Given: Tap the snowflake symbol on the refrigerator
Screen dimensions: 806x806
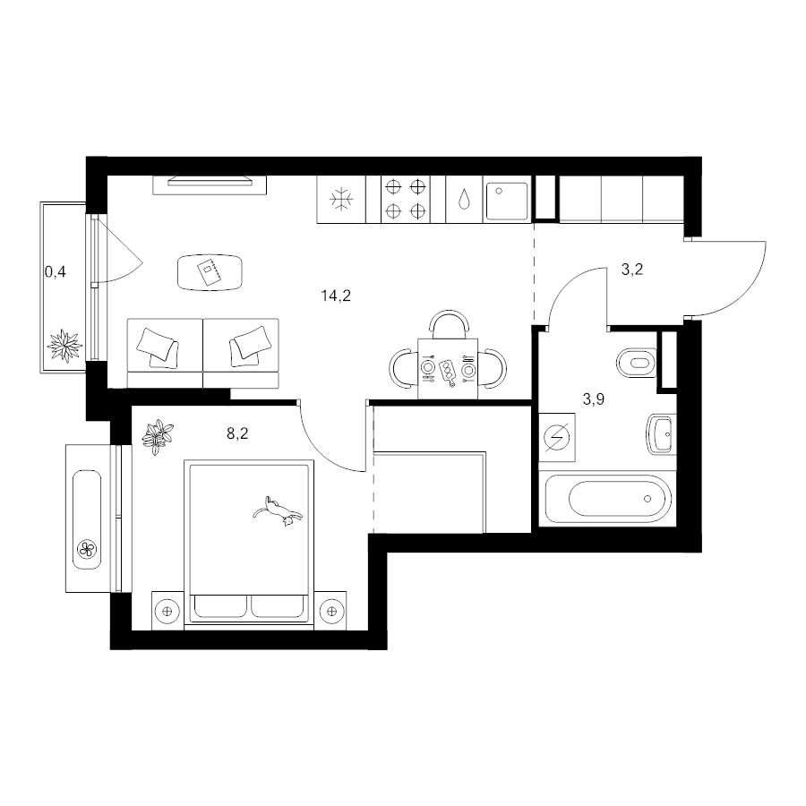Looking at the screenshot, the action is point(341,200).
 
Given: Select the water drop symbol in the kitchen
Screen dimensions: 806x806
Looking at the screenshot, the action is point(464,200).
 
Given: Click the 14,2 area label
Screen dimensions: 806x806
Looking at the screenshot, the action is point(336,296).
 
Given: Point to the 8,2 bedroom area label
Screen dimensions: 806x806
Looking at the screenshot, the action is point(237,433).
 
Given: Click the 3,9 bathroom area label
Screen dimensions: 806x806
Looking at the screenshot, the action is point(593,399).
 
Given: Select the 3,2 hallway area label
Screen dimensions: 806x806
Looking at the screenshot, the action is point(632,270).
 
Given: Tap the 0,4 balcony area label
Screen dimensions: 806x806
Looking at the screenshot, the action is point(56,272).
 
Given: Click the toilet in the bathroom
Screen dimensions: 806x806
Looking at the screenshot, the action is point(637,363).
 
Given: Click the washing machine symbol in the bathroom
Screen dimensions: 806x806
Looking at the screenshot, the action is point(557,437).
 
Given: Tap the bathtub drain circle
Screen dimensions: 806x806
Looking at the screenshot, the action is point(647,499).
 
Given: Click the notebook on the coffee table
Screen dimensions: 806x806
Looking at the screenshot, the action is point(210,272).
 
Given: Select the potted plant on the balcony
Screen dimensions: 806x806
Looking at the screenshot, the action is point(64,346).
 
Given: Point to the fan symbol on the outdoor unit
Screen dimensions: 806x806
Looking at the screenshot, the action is point(87,550).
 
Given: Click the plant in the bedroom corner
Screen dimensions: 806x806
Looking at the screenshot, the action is point(158,436).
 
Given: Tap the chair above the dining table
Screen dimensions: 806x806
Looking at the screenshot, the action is point(450,325).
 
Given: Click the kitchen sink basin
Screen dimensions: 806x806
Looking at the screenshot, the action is point(507,200).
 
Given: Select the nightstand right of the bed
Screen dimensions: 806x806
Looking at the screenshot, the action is point(330,611).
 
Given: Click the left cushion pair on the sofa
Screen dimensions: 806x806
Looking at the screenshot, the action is point(158,347).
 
